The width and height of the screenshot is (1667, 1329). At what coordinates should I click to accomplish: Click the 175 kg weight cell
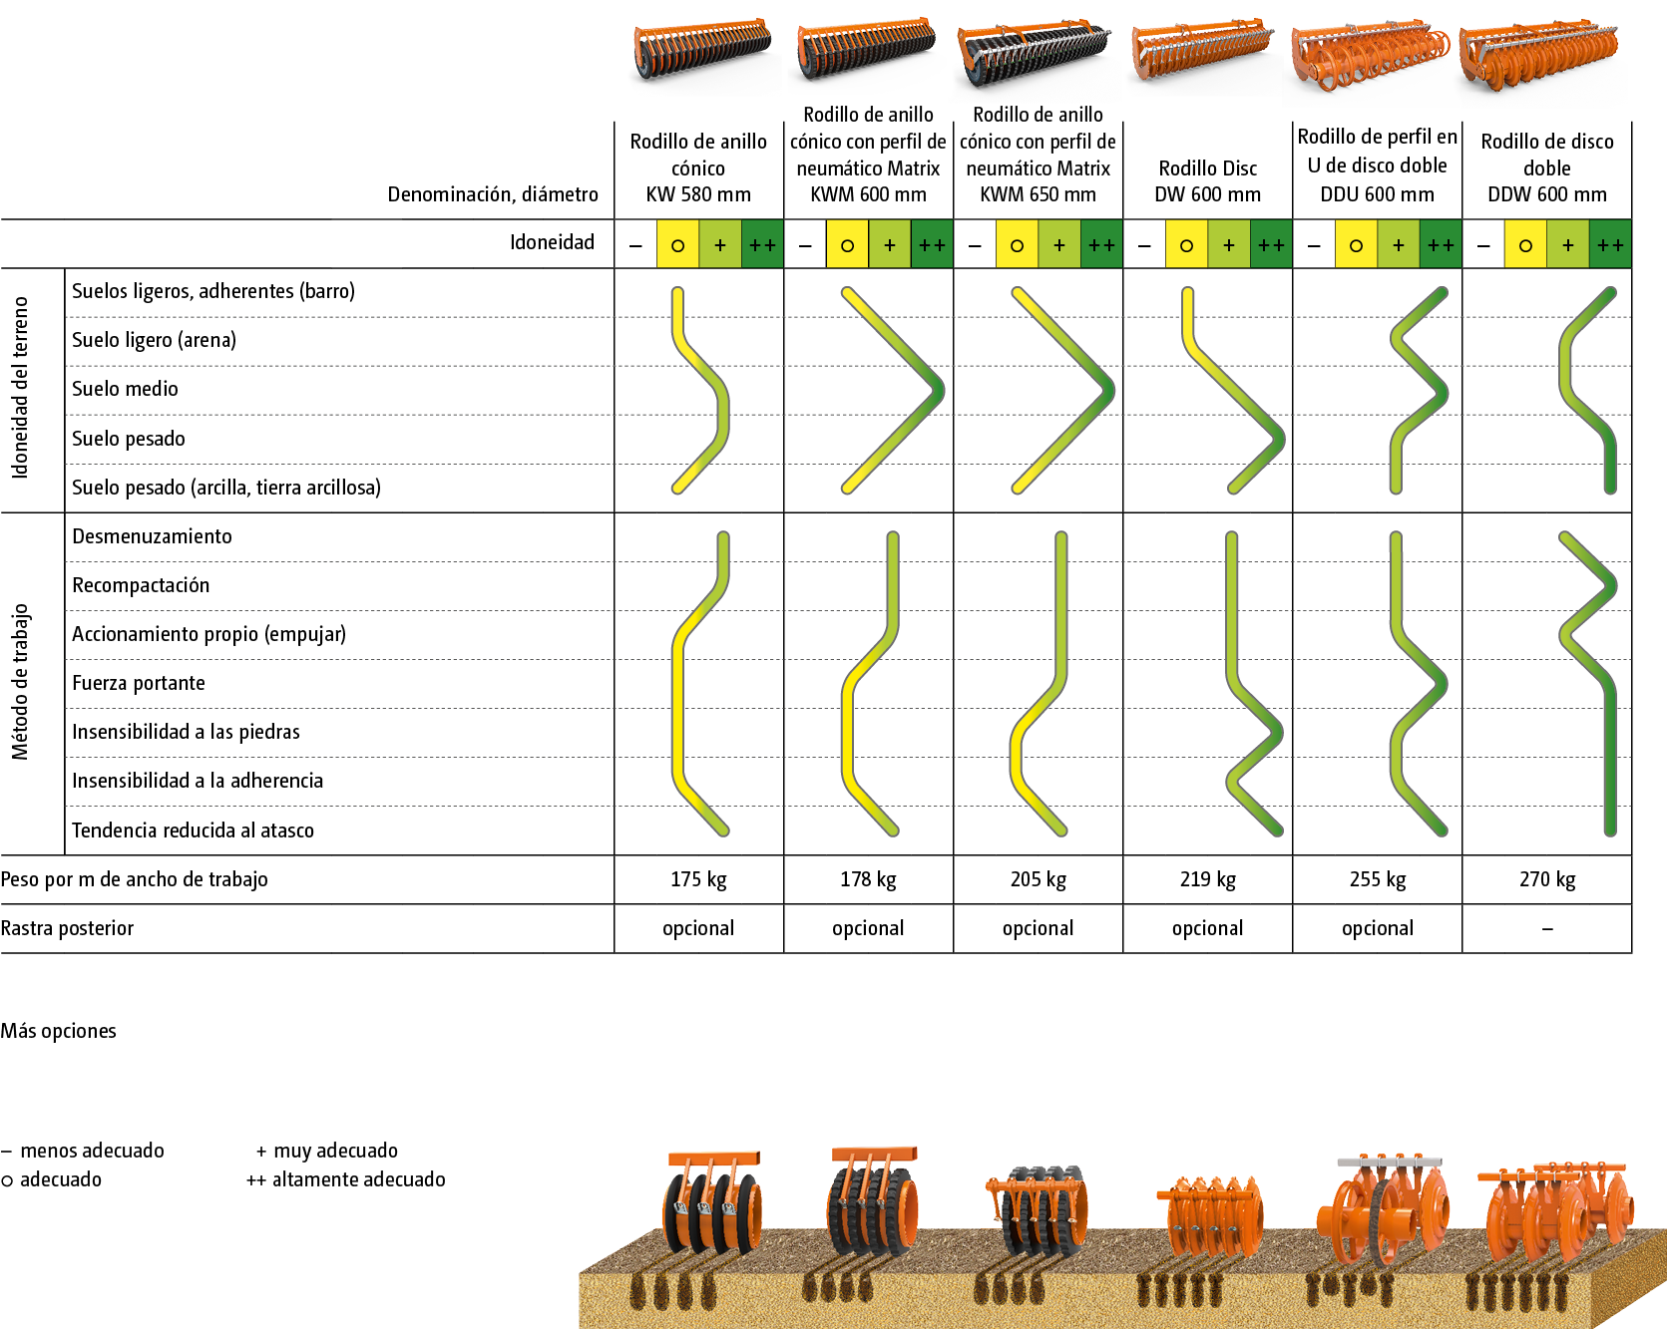point(698,879)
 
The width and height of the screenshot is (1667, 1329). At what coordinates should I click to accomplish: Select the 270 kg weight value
point(1547,879)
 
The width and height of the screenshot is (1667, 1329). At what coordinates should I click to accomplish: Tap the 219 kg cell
point(1208,879)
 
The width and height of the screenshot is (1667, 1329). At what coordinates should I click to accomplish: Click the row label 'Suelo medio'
point(125,389)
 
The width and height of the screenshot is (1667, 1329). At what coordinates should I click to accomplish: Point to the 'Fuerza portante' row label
point(139,683)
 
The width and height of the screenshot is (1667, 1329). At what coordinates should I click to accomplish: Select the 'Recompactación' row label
point(141,585)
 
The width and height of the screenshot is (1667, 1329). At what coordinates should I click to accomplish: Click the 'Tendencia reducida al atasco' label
point(193,831)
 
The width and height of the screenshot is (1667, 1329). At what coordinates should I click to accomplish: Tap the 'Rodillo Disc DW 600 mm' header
point(1208,181)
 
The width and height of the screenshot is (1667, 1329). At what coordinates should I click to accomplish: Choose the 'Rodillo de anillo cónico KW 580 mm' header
point(698,167)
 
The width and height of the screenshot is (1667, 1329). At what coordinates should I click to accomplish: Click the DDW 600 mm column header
point(1547,167)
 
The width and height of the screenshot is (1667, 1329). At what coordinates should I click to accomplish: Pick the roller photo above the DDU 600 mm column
point(1371,56)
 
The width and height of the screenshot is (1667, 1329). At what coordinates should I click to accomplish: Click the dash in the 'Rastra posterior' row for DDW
point(1547,929)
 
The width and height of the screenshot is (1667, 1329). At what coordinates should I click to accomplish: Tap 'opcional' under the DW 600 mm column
point(1208,928)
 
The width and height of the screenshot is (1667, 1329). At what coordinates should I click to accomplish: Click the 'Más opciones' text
point(58,1031)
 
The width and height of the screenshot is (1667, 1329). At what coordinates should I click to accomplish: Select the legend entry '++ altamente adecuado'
point(346,1179)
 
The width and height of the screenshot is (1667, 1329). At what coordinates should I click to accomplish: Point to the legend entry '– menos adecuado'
point(83,1151)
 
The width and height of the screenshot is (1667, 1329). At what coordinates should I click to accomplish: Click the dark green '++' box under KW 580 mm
point(763,245)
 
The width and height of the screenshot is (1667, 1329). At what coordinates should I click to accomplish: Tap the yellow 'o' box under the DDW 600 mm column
point(1525,245)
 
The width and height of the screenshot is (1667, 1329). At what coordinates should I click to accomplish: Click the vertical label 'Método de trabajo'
point(20,683)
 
